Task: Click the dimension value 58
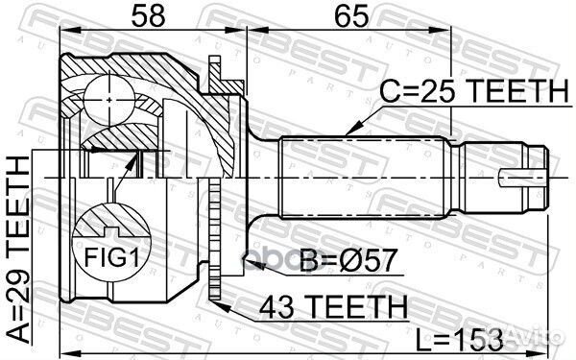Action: click(149, 15)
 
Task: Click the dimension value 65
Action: click(351, 15)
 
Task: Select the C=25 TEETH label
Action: click(474, 91)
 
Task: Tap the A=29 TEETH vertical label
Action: click(18, 250)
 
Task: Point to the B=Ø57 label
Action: click(348, 260)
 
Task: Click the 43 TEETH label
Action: click(333, 306)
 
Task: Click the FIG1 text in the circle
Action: click(111, 257)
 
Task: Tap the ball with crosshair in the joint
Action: click(109, 100)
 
